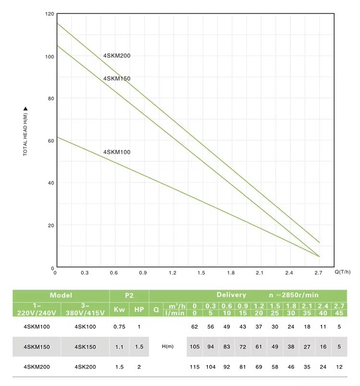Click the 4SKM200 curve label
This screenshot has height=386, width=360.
(x=117, y=56)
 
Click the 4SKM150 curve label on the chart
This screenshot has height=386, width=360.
(x=117, y=79)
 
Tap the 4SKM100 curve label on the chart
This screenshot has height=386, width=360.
(x=117, y=152)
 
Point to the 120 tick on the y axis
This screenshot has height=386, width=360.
(x=49, y=14)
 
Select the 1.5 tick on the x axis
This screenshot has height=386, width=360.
(x=201, y=273)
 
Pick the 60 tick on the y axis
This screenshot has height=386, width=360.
(x=50, y=140)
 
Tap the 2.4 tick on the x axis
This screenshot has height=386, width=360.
(x=289, y=273)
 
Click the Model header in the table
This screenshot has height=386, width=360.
(x=61, y=295)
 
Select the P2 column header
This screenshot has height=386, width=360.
(x=129, y=295)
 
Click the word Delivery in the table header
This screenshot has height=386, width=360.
(x=231, y=295)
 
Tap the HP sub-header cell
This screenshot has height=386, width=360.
(x=139, y=309)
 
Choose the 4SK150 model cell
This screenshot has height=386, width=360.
(x=85, y=346)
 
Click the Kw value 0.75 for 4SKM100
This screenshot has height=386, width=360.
(x=119, y=327)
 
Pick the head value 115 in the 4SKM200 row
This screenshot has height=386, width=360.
(x=194, y=366)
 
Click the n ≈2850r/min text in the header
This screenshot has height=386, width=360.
(x=294, y=295)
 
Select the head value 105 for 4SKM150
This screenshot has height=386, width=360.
(x=194, y=346)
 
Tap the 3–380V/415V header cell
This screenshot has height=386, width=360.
(x=85, y=309)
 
